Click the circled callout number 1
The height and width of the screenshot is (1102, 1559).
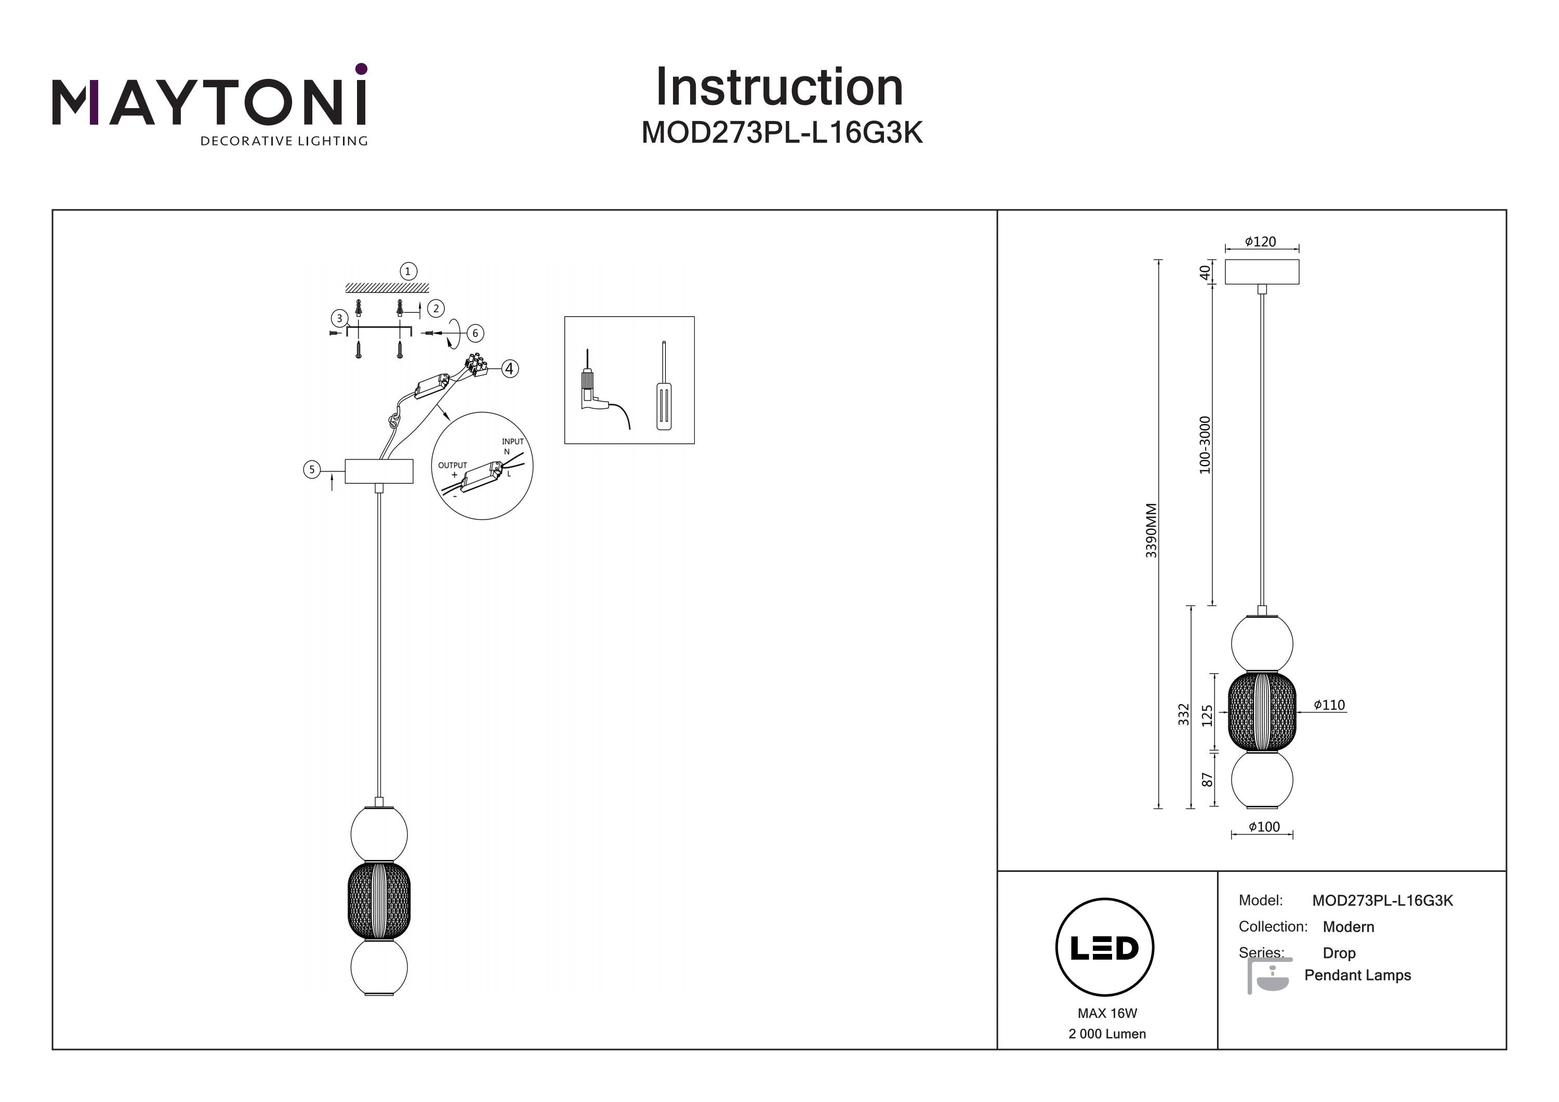coord(407,272)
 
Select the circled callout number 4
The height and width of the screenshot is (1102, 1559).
coord(509,369)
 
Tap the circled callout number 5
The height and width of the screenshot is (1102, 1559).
coord(312,469)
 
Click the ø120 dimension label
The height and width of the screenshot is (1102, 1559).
coord(1260,242)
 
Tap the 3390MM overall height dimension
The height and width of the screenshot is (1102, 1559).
coord(1151,530)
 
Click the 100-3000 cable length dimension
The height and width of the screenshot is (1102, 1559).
coord(1205,445)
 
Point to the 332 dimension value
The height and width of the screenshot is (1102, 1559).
coord(1183,714)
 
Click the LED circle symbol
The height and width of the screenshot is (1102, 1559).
coord(1104,947)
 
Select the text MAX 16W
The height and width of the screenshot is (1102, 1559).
coord(1107,1013)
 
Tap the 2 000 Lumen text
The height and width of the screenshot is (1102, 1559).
coord(1107,1033)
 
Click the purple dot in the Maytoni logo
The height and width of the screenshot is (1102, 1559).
coord(361,69)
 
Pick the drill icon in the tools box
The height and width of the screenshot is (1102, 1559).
coord(594,394)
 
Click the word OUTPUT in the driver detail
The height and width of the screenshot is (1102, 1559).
coord(452,465)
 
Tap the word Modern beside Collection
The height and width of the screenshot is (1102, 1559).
coord(1348,927)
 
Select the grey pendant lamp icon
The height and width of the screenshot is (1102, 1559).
coord(1267,976)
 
